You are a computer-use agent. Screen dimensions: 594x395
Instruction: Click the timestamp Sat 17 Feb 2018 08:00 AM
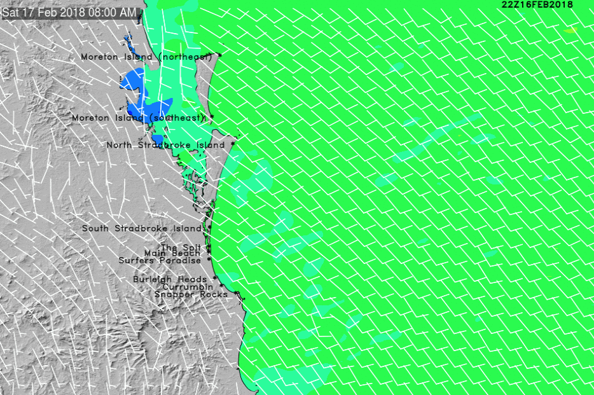(69, 13)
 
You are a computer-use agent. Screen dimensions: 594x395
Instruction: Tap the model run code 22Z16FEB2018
(537, 4)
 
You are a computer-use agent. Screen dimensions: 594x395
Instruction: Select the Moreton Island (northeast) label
(146, 57)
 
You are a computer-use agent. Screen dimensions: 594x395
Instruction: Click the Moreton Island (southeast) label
(139, 118)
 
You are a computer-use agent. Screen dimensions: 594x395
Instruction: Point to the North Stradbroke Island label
(165, 145)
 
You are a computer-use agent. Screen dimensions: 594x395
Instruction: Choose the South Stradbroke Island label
(141, 228)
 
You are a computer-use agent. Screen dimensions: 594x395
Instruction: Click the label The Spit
(181, 247)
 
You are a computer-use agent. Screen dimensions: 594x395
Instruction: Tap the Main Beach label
(172, 253)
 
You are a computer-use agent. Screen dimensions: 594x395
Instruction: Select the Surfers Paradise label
(160, 260)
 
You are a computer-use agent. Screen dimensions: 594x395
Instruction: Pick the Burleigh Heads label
(170, 279)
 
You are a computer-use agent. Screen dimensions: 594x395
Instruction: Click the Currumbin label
(188, 287)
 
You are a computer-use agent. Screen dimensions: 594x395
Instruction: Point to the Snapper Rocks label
(191, 295)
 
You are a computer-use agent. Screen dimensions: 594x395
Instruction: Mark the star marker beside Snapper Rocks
(236, 293)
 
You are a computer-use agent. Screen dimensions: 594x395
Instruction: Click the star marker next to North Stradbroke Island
(233, 144)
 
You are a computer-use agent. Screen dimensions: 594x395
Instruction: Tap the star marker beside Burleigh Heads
(215, 278)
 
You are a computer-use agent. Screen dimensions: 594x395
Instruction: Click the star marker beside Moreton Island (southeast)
(212, 117)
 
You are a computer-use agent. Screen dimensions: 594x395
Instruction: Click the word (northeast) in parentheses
(185, 57)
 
